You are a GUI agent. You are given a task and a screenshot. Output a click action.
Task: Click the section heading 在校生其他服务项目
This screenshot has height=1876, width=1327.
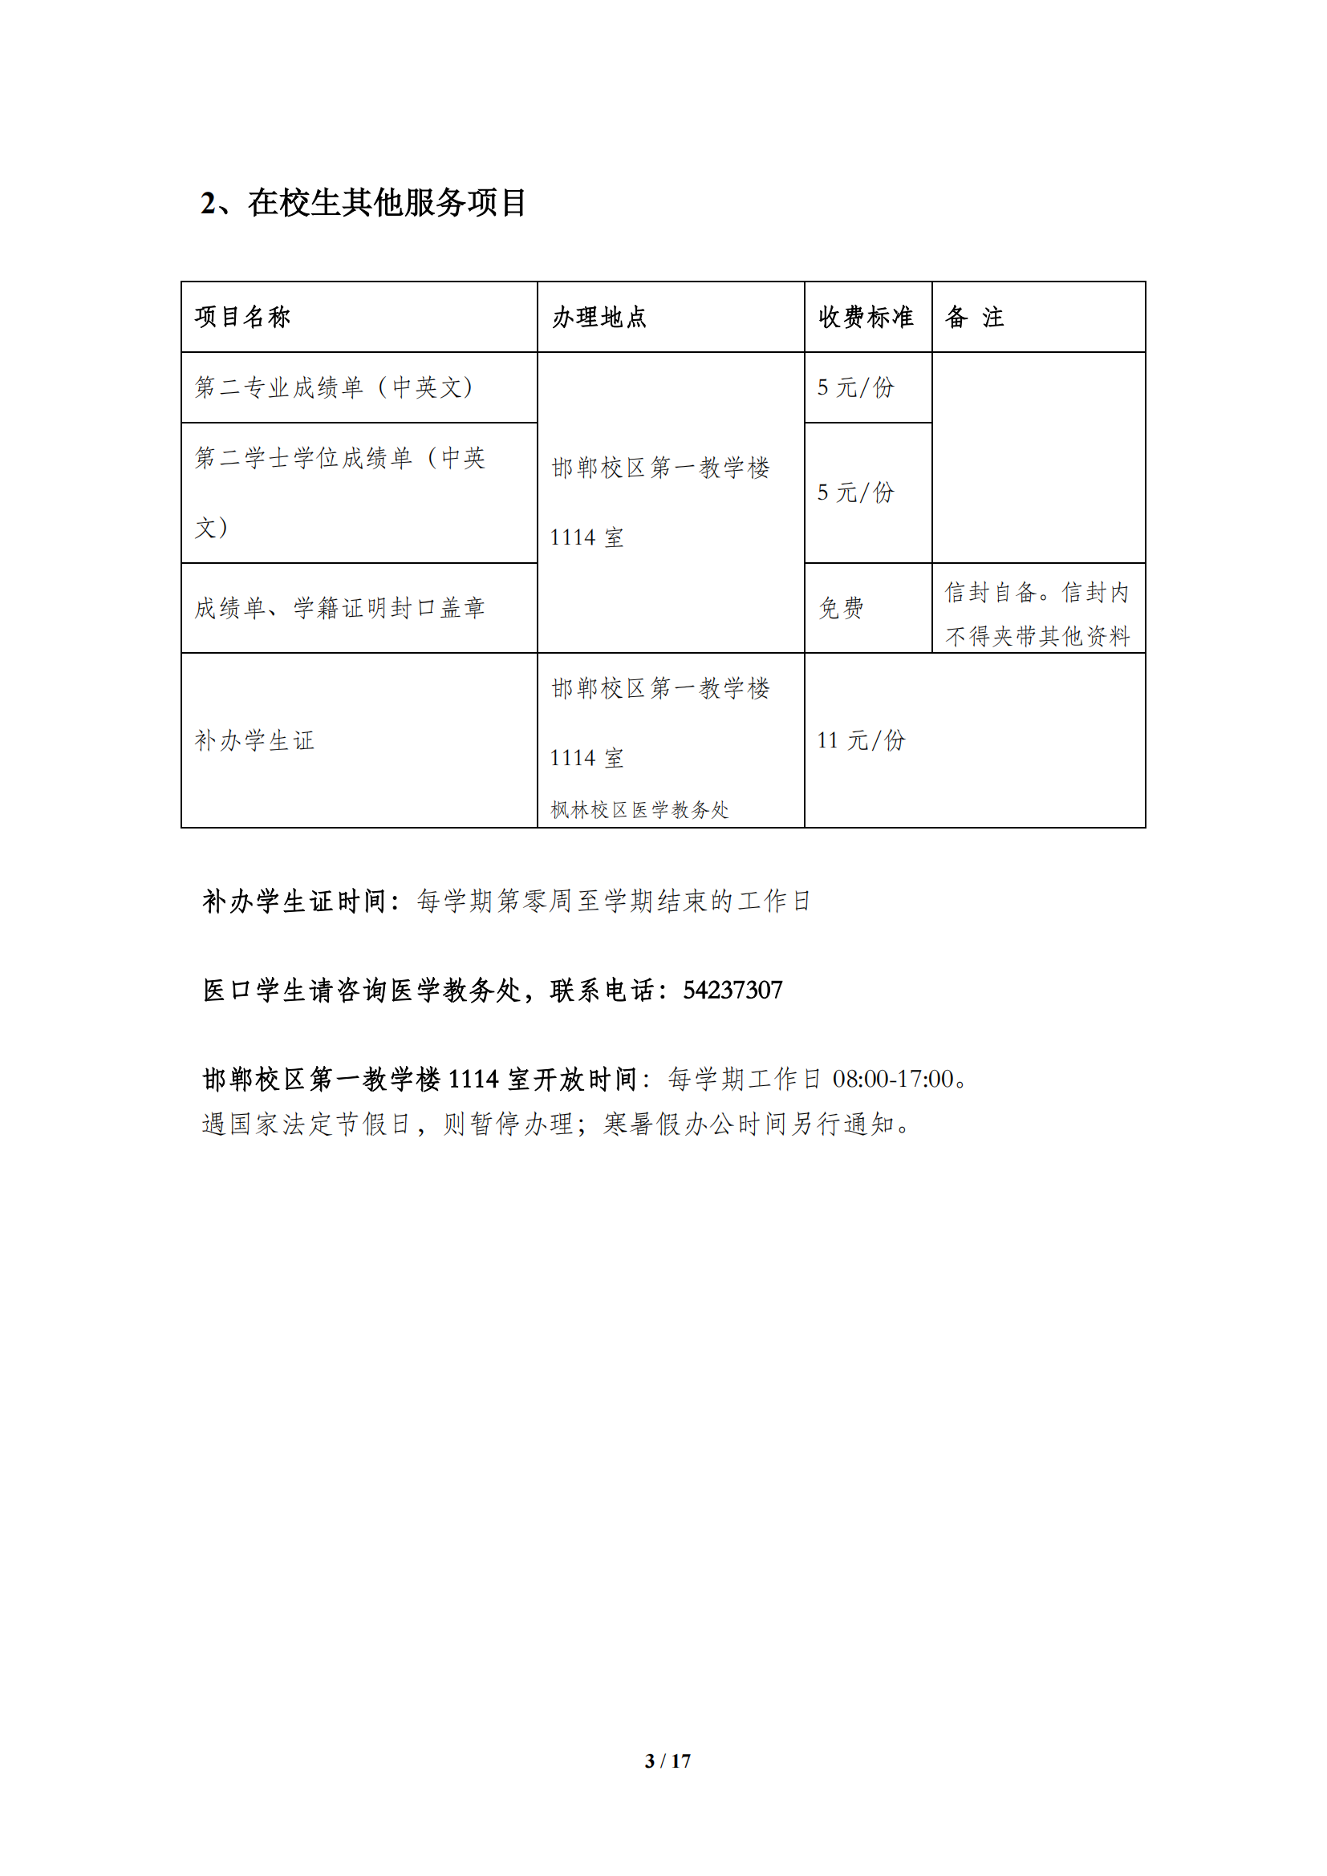(x=388, y=203)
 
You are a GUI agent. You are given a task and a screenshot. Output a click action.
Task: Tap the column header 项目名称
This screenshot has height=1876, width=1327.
(x=242, y=317)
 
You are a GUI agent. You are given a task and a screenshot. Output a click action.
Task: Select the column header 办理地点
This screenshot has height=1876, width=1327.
(x=599, y=317)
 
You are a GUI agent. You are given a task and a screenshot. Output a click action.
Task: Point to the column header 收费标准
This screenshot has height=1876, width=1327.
(x=866, y=317)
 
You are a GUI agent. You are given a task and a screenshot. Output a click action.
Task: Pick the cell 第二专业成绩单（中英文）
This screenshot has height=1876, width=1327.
(x=335, y=387)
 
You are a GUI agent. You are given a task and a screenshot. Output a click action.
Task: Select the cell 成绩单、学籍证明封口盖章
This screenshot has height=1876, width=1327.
(x=340, y=608)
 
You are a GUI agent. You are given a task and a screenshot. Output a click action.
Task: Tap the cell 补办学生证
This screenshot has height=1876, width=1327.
(x=254, y=740)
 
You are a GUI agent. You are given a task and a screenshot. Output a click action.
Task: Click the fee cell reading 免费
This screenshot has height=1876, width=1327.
(x=841, y=608)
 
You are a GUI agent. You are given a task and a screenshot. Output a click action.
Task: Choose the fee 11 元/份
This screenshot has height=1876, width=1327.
(x=861, y=740)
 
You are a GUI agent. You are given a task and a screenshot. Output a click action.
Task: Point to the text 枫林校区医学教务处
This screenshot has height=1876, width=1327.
(x=639, y=810)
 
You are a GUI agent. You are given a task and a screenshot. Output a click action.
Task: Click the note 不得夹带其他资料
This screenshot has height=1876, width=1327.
(x=1037, y=636)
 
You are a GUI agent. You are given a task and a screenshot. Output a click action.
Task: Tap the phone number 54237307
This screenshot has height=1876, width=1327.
(x=732, y=991)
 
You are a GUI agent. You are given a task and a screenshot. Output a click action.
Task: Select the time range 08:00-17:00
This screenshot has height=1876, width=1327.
(x=893, y=1080)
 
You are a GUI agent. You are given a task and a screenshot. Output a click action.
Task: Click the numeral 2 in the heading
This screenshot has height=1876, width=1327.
(x=209, y=204)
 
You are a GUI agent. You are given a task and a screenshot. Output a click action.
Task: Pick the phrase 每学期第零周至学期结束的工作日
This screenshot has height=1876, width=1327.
(x=613, y=902)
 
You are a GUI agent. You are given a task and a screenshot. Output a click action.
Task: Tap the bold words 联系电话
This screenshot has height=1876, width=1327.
(x=603, y=991)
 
